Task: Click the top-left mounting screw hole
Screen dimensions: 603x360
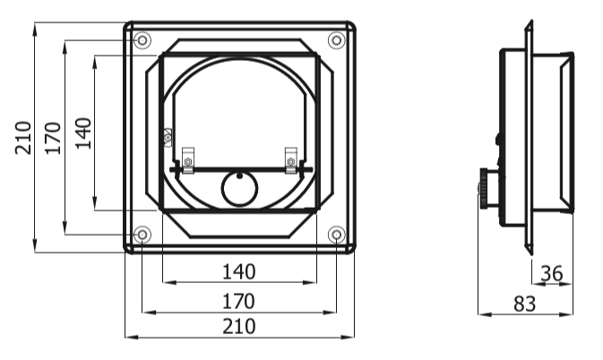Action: click(142, 40)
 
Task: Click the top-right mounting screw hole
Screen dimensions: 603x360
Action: click(337, 40)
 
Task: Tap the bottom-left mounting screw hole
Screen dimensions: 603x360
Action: click(142, 234)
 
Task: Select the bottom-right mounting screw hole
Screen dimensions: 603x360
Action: click(337, 234)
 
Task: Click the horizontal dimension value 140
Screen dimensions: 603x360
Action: click(239, 272)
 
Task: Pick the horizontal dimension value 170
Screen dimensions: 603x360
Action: click(239, 301)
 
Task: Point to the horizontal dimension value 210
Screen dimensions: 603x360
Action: click(239, 327)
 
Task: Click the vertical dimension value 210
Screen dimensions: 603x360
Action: click(23, 138)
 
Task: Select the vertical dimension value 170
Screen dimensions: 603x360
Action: click(53, 138)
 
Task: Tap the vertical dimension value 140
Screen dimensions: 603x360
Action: click(83, 133)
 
